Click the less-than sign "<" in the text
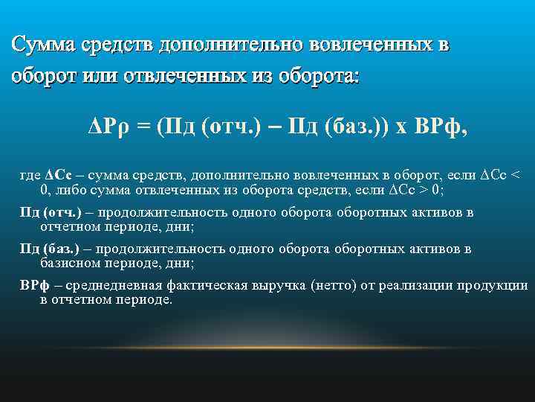518,175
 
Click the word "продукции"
499,285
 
